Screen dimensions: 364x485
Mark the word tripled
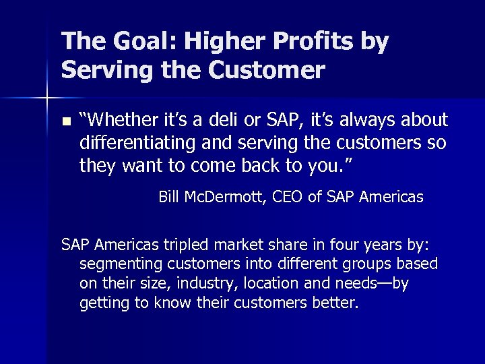coord(178,243)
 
